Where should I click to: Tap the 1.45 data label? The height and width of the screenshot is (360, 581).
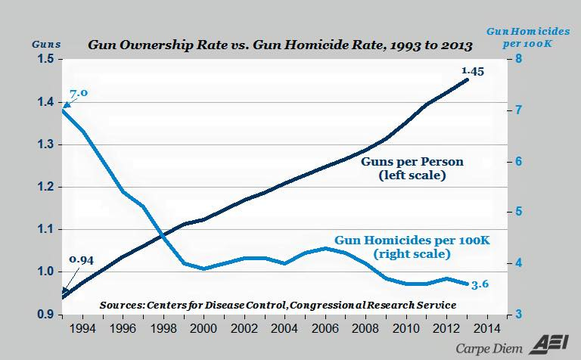[472, 71]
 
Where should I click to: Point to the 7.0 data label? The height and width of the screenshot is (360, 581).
[78, 93]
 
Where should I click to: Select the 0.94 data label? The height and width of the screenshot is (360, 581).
[80, 260]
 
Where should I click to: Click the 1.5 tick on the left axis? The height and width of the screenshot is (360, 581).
[44, 60]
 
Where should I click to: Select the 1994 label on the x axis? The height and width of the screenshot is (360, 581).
[85, 329]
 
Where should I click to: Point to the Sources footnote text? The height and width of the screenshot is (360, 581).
[277, 304]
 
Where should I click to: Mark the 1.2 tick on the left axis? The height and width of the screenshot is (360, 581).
[44, 187]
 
